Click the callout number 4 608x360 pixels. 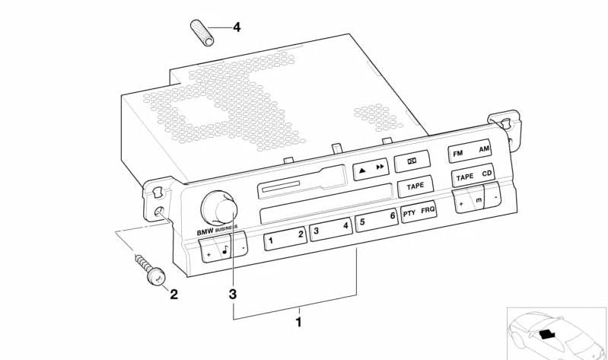coord(237,27)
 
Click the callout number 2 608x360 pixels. coord(173,294)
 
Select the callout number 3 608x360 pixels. coord(232,294)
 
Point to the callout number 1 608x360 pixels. coord(298,322)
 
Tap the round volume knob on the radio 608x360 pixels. coord(219,208)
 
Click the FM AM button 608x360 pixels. coord(470,151)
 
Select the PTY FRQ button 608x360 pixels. coord(419,212)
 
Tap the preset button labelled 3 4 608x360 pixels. coord(331,228)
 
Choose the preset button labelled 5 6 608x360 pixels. coord(377,220)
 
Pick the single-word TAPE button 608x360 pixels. coord(415,186)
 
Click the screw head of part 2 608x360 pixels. coord(156,276)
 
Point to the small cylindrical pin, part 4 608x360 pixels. coord(202,33)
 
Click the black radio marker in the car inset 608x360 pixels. coord(546,333)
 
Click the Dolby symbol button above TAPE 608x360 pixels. coord(412,161)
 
